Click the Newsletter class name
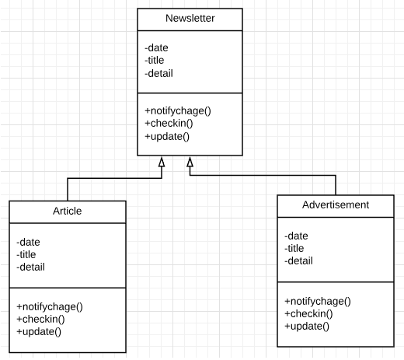[x=190, y=18]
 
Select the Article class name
[x=68, y=211]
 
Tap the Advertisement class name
[x=336, y=204]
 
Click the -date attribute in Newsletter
[x=156, y=47]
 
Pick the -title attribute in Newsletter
[x=155, y=60]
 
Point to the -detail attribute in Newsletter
[x=158, y=73]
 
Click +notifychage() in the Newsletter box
[x=178, y=111]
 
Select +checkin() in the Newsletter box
[x=169, y=124]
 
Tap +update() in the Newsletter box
[x=167, y=137]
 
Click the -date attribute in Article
[x=28, y=242]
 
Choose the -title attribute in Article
[x=26, y=254]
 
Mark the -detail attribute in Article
[x=30, y=267]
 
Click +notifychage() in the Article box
[x=50, y=307]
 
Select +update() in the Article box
[x=39, y=332]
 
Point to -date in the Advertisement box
[x=296, y=236]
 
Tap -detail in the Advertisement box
[x=298, y=260]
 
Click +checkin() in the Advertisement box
[x=308, y=314]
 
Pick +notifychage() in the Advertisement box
[x=318, y=302]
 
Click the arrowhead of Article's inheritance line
[x=162, y=162]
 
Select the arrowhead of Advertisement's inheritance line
[x=190, y=162]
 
